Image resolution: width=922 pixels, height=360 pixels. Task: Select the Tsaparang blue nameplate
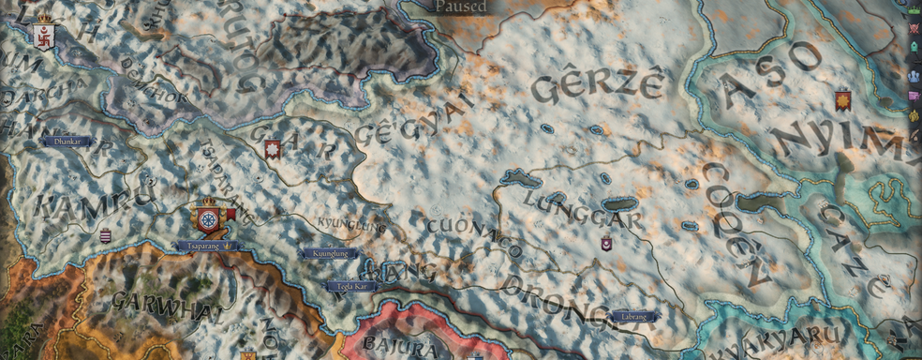(207, 246)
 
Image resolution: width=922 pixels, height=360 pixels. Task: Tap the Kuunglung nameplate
(328, 253)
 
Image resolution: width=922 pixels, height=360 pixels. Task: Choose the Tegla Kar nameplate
(350, 286)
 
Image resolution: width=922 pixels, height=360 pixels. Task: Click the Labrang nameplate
(632, 316)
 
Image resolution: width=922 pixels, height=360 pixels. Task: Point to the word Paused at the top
(460, 7)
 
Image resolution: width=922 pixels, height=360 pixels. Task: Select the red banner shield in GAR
(273, 149)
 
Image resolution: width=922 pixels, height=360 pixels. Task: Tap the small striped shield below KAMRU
(105, 235)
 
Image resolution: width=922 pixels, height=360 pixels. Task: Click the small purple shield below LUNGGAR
(606, 244)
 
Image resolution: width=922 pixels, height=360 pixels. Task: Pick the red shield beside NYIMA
(842, 99)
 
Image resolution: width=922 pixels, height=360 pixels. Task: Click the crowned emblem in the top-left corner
(43, 36)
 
